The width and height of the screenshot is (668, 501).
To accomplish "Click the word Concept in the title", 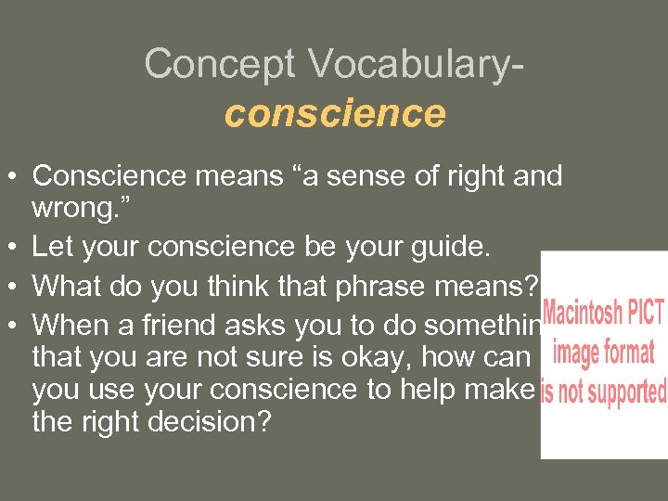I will click(x=219, y=64).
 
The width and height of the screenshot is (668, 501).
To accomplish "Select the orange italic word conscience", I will click(x=334, y=113).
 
